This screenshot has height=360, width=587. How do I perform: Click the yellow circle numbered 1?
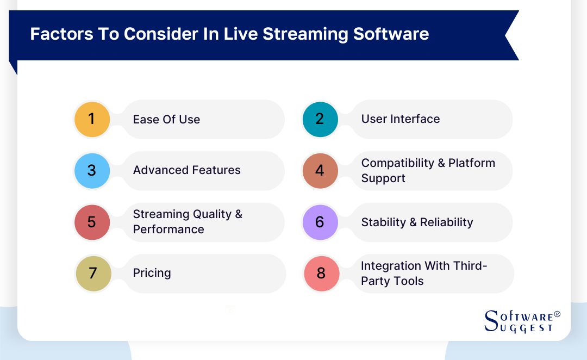92,119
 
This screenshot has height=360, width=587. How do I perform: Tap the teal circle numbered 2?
320,119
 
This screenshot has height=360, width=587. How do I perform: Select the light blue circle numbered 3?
92,171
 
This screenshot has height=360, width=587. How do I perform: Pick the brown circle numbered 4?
320,171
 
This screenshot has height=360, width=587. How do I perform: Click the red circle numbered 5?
92,222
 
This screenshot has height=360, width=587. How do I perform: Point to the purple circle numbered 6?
320,222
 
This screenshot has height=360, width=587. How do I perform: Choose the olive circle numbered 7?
93,274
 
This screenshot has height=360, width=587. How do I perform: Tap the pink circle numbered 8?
321,274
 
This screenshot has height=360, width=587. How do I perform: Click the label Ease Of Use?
166,120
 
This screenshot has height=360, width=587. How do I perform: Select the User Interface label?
401,119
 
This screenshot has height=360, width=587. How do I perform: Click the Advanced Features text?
186,170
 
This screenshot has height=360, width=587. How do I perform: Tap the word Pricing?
152,273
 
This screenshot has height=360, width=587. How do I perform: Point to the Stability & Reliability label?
417,222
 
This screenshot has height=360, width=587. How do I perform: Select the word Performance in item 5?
168,229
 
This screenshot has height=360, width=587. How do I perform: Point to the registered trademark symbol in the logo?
557,315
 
